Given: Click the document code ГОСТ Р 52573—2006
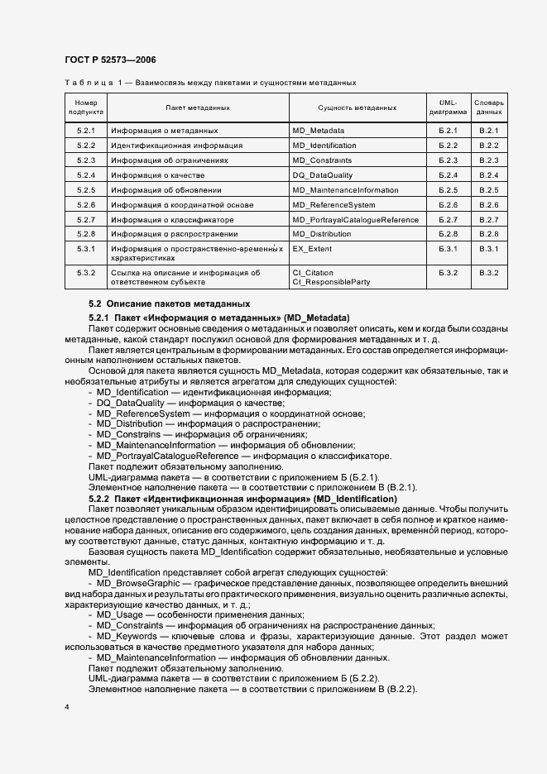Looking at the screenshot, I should coord(109,60).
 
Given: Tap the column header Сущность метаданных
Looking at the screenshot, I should coord(357,107).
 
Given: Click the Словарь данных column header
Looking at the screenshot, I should coord(488,107).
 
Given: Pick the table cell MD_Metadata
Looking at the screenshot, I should coord(319,131).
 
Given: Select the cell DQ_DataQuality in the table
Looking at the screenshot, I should coord(323,175).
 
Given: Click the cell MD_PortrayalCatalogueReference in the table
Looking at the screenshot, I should coord(356,220).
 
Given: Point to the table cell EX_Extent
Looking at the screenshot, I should coord(311,249).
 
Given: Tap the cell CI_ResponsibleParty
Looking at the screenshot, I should coord(329,282).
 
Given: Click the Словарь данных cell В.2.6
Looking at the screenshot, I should coord(488,205).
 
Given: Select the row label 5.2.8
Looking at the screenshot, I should coord(86,235).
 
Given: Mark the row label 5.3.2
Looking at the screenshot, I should coord(86,272).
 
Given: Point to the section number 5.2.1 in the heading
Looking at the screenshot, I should coord(98,318).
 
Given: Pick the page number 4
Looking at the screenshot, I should coord(66,708).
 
